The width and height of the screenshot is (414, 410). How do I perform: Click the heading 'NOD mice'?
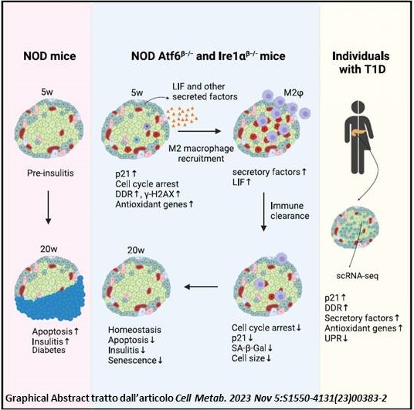(x=49, y=56)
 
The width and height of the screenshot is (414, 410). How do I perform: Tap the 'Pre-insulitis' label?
(x=50, y=173)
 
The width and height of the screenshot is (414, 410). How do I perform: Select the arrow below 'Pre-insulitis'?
(x=48, y=207)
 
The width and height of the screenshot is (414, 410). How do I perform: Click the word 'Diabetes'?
(x=49, y=350)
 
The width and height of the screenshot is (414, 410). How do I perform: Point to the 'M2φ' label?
(x=294, y=92)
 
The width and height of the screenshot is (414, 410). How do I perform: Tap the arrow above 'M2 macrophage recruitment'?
(x=199, y=131)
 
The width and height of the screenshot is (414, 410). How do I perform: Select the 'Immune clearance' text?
(x=290, y=210)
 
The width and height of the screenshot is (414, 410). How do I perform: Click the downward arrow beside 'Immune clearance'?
(x=263, y=212)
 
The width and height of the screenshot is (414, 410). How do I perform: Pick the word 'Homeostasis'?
(x=134, y=330)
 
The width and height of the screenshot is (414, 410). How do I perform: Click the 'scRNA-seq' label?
(x=358, y=276)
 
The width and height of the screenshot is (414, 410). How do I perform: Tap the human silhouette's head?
(x=358, y=108)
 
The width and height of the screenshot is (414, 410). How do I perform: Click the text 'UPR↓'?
(x=336, y=338)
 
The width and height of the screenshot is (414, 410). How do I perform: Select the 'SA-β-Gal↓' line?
(x=252, y=348)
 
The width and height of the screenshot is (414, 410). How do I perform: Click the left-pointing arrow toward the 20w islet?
(x=201, y=287)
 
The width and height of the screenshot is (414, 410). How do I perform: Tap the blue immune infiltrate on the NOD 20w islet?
(x=50, y=303)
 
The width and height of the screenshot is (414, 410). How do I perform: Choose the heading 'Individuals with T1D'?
(x=361, y=62)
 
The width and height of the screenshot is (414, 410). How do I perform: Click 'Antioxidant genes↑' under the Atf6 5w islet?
(x=154, y=204)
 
